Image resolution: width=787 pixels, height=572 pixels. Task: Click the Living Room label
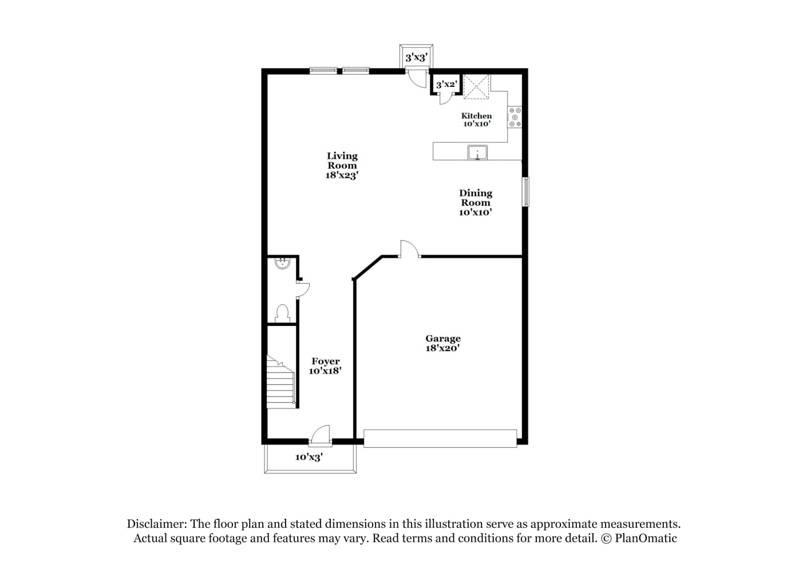342,165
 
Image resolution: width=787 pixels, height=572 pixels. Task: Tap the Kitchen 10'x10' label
476,120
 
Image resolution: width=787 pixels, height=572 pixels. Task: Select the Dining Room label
476,202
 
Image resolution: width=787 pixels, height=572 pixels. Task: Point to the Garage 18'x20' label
442,343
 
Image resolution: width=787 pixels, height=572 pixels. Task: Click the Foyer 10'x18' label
325,366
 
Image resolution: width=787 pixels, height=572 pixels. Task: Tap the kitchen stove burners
515,117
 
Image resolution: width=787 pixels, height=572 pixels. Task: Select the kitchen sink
477,153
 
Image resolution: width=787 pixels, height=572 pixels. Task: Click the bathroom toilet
283,313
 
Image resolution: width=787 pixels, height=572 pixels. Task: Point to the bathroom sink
282,263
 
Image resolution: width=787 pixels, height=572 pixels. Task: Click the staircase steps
280,383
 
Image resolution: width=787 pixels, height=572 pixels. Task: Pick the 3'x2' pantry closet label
446,85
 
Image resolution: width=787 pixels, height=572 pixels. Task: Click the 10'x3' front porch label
309,457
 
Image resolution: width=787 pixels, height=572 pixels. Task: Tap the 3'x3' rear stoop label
416,58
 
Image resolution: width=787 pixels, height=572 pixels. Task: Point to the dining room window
526,192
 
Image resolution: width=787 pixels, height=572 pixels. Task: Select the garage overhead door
440,439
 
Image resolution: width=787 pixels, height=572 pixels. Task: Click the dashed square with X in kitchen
476,87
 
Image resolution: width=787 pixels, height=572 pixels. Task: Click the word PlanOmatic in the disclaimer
646,538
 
